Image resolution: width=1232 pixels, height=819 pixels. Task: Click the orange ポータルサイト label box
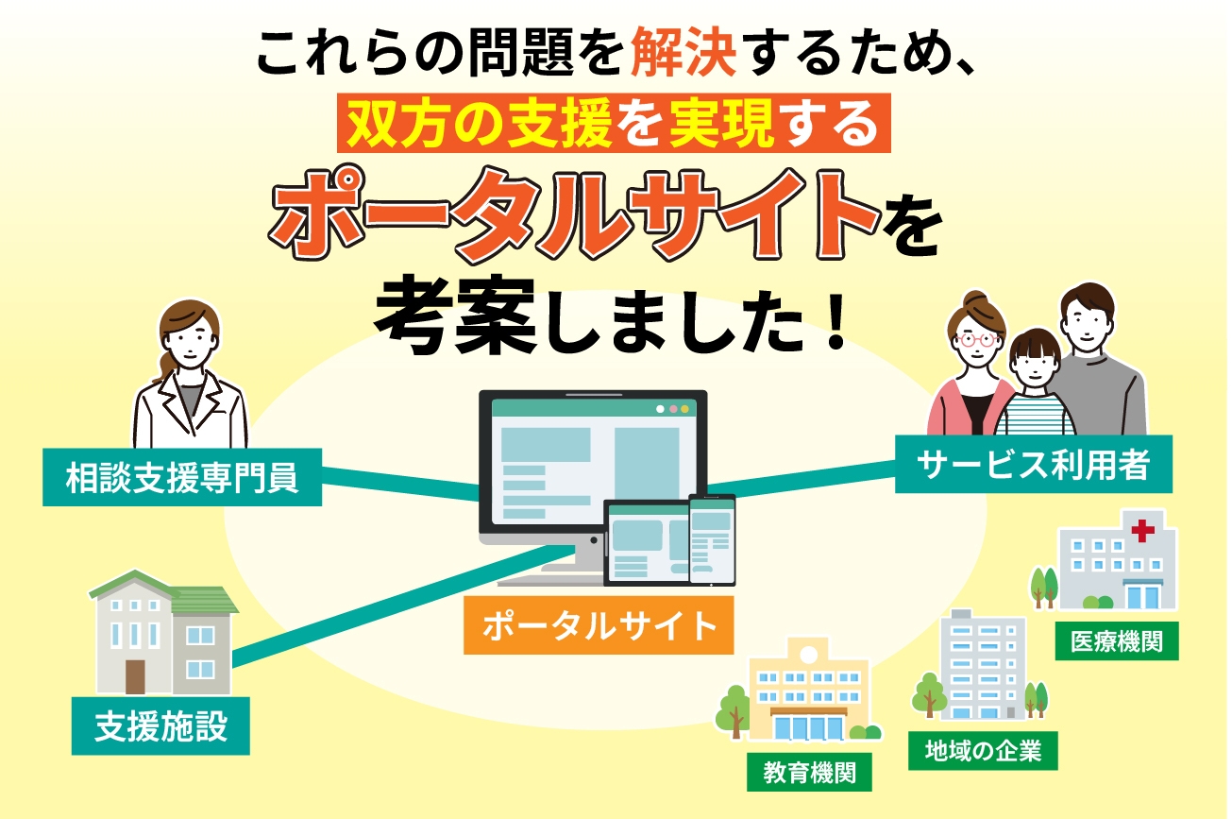599,626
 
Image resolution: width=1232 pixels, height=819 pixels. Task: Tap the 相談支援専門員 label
182,478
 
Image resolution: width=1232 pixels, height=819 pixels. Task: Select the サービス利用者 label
1033,464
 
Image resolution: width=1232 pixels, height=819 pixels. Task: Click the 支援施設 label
160,726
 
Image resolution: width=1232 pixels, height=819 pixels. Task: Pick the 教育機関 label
809,774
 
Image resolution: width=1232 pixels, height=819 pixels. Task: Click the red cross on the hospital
1143,531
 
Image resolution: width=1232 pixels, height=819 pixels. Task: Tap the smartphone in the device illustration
712,538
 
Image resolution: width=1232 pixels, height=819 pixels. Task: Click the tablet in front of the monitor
647,542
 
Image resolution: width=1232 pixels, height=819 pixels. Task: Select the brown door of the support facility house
136,676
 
